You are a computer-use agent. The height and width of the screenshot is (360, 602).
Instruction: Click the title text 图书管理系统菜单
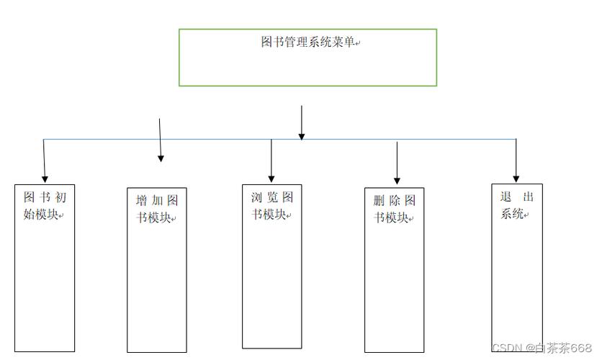coord(307,42)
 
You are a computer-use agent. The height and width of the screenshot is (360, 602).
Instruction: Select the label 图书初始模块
coord(44,205)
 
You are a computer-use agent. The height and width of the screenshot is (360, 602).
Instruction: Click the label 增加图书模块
coord(157,209)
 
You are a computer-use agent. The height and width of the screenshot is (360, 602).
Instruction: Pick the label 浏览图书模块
coord(271,205)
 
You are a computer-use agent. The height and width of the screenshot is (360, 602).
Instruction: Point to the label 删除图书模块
coord(394,209)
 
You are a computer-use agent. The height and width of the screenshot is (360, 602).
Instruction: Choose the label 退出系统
coord(516,205)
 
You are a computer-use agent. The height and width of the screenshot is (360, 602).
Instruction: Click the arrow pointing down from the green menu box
coord(302,122)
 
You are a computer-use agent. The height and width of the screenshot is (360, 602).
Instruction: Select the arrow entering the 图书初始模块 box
coord(44,161)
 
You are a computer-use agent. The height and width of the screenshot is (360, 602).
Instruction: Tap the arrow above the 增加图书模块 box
coord(160,140)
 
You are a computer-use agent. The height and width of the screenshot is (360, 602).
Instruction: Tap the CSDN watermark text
coord(541,348)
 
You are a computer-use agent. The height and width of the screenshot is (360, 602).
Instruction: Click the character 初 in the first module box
coord(60,197)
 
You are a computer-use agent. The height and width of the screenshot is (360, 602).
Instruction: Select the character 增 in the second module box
coord(141,201)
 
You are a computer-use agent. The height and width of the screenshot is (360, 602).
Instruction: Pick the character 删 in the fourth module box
coord(379,201)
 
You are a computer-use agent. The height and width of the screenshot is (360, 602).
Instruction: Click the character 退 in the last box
coord(506,197)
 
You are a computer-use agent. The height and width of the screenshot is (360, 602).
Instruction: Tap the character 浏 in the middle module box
coord(256,197)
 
